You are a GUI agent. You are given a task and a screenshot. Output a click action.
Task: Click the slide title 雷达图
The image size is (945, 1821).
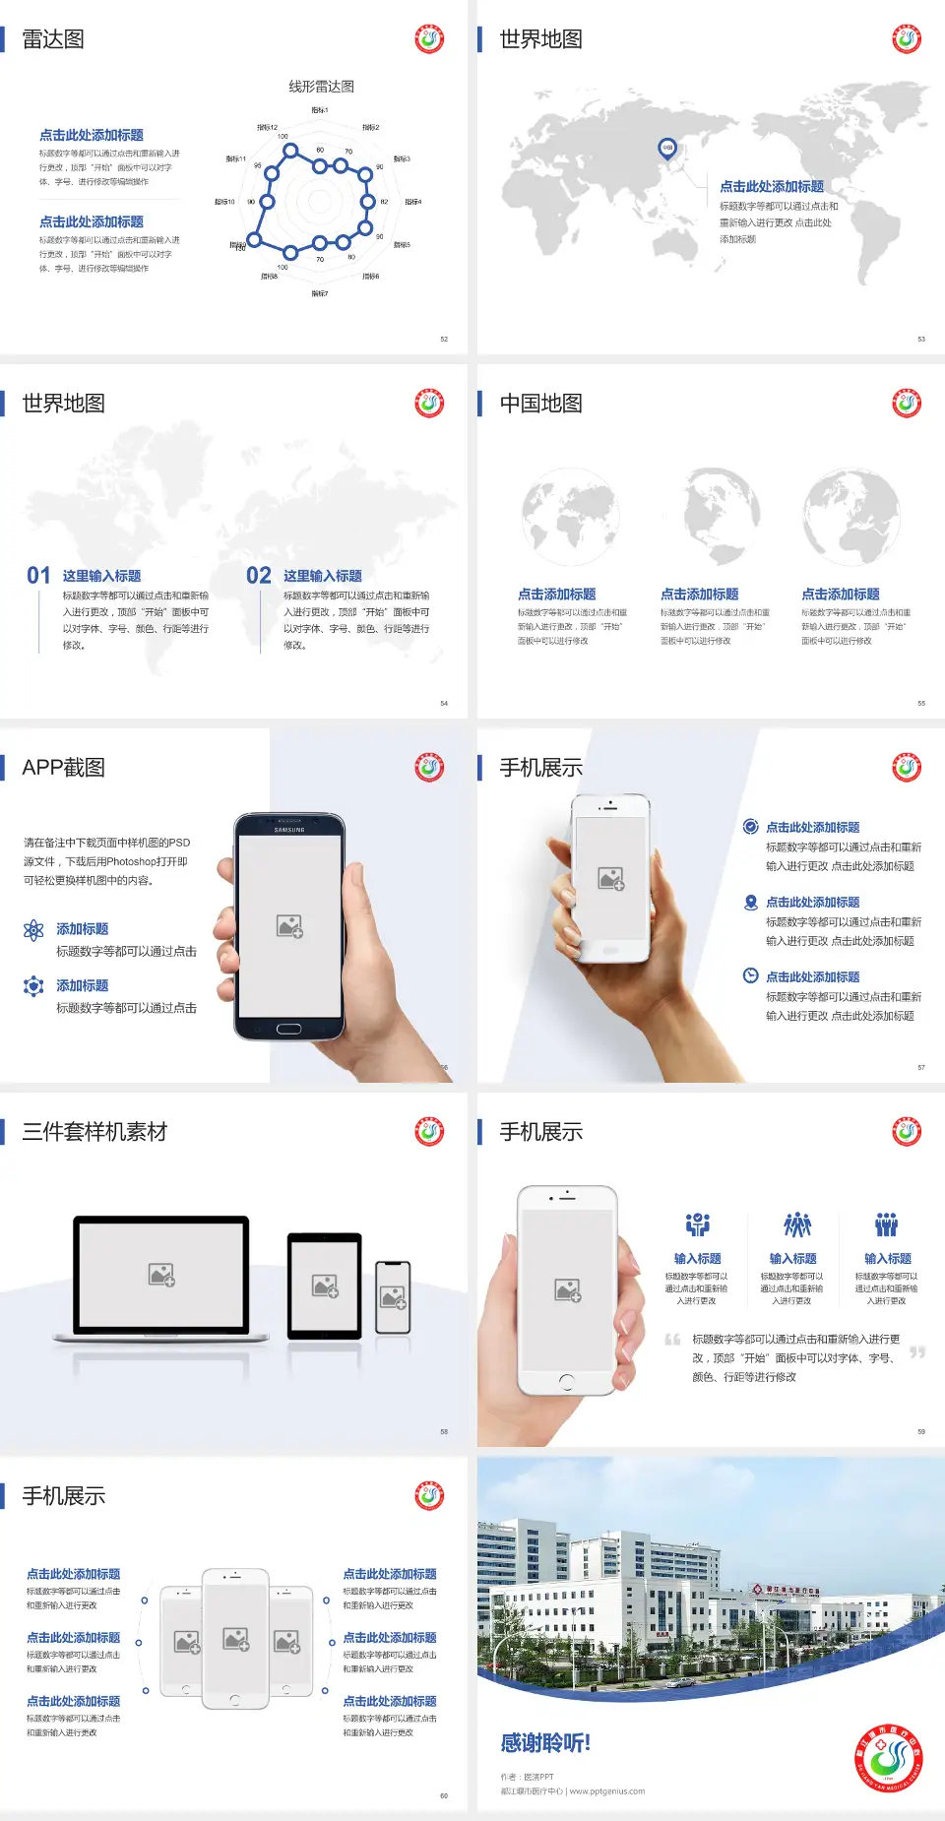[x=53, y=39]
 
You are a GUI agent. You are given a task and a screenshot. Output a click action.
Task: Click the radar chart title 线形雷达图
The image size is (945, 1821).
[x=321, y=87]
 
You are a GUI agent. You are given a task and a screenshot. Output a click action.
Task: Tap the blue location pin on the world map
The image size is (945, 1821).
[x=666, y=148]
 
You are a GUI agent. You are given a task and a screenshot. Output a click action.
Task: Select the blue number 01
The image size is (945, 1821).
[x=38, y=576]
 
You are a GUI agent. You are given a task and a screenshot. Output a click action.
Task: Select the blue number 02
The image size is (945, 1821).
[x=259, y=576]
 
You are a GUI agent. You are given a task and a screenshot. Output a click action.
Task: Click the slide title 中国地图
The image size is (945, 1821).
[x=540, y=404]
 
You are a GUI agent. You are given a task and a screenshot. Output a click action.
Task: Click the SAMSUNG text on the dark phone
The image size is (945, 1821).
[x=289, y=830]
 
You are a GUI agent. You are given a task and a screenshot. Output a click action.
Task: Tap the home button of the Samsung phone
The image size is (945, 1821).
[x=288, y=1029]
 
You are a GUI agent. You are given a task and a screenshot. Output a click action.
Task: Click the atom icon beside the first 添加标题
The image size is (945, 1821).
[x=33, y=930]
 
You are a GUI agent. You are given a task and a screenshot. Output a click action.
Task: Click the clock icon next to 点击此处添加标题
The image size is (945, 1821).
[x=750, y=975]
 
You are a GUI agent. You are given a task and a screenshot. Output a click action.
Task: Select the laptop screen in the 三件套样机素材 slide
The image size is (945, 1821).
[x=161, y=1275]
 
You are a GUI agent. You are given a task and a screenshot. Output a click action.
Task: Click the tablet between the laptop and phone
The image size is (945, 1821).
[x=325, y=1285]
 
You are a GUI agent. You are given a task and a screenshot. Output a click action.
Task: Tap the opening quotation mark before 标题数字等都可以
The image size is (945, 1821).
[x=672, y=1340]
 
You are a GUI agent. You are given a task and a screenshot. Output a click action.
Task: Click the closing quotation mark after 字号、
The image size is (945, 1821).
[x=917, y=1352]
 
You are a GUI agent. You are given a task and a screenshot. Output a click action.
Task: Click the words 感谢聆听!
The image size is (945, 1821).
[x=545, y=1743]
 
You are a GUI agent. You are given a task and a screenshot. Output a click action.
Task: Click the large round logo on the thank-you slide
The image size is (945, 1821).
[x=889, y=1758]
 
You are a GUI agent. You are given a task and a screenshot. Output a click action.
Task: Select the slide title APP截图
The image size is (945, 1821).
[x=63, y=768]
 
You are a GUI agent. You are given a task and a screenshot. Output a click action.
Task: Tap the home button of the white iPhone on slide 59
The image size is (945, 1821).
[x=566, y=1382]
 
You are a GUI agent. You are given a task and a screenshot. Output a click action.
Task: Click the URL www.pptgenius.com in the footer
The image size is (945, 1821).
[x=606, y=1791]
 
